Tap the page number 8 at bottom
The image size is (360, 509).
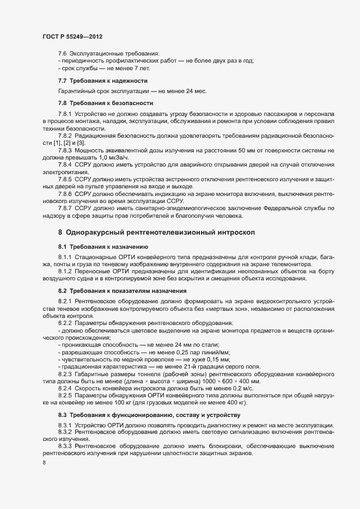(x=44, y=464)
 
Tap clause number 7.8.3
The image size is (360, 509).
(x=65, y=150)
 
